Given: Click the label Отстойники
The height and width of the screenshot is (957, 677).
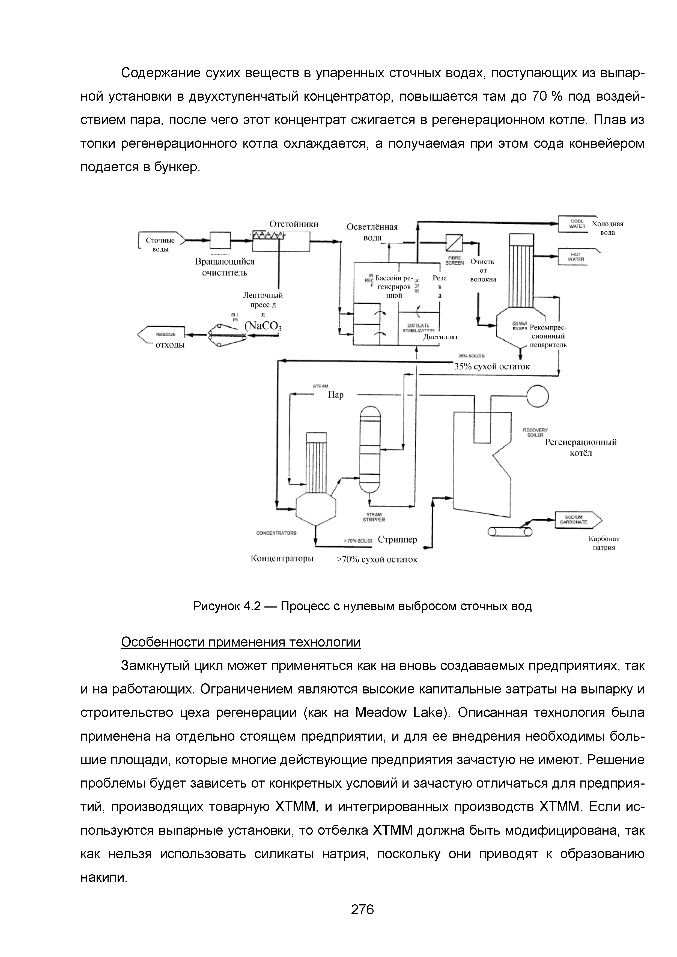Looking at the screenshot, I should coord(294,224).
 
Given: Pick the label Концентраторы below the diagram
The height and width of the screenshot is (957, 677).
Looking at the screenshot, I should coord(282,558).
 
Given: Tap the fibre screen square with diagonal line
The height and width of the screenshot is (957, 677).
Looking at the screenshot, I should coord(454,242).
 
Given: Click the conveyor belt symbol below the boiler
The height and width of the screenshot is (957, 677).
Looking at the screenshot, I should coord(510,532).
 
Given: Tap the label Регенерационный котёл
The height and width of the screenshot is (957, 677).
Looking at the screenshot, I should coord(581,447).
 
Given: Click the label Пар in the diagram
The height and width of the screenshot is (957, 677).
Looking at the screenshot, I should coord(336,395).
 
